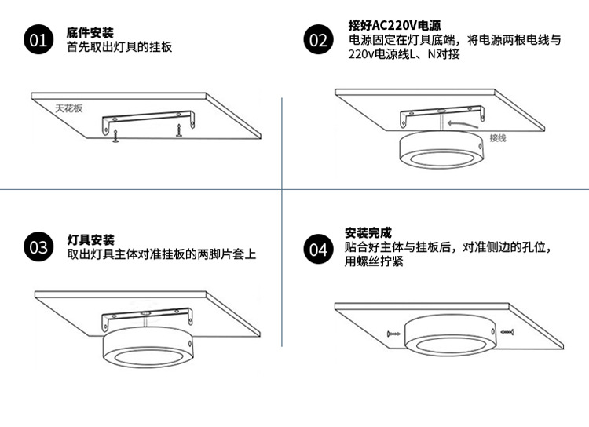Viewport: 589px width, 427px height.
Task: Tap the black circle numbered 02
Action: [x=318, y=40]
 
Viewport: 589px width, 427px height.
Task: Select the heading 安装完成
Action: [x=368, y=233]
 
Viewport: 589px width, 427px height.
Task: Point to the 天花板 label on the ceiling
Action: [x=68, y=108]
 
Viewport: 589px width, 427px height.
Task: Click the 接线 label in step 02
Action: [x=498, y=137]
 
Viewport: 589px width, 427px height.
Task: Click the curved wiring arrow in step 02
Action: [x=460, y=123]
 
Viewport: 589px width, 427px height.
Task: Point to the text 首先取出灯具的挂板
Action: [x=119, y=47]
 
